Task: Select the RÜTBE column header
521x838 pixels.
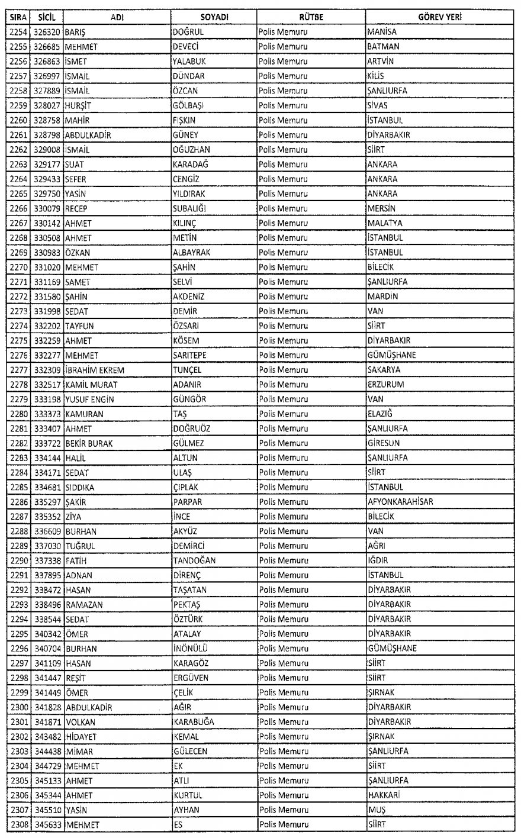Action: [311, 18]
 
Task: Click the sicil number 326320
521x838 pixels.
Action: [45, 32]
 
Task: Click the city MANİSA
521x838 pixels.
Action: [382, 32]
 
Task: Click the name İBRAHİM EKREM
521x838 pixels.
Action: [95, 370]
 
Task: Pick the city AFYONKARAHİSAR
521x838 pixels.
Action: [400, 502]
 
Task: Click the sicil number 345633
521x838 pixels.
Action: [45, 824]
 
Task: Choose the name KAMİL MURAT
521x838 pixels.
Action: [91, 385]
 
